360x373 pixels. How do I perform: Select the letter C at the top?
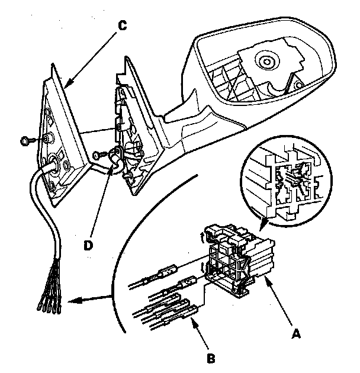[122, 25]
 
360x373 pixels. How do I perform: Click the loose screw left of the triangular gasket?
[27, 141]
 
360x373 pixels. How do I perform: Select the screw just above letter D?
[98, 155]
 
